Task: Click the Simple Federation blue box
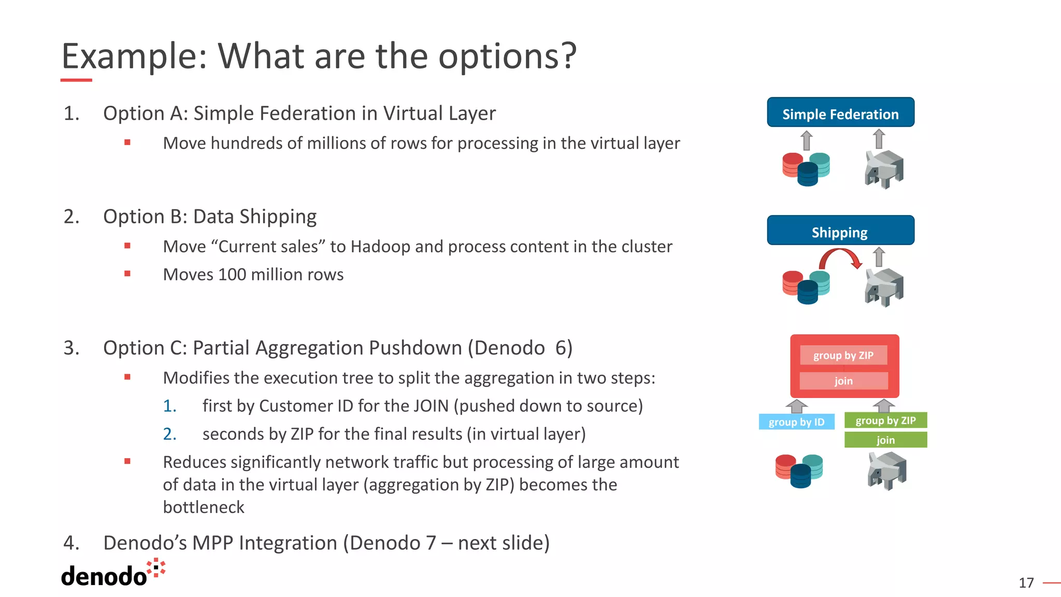(840, 112)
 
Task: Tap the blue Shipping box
(840, 231)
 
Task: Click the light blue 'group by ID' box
(796, 422)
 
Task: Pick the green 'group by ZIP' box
(885, 420)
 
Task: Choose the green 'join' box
(885, 440)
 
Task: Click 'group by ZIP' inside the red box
(843, 356)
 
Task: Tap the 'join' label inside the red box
(843, 381)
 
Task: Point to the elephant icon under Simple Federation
(884, 168)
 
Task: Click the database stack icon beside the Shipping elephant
(806, 287)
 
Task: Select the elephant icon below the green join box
(886, 471)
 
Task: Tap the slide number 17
(1026, 583)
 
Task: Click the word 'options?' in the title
(507, 56)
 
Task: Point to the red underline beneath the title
(76, 80)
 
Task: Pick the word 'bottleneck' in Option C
(204, 507)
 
